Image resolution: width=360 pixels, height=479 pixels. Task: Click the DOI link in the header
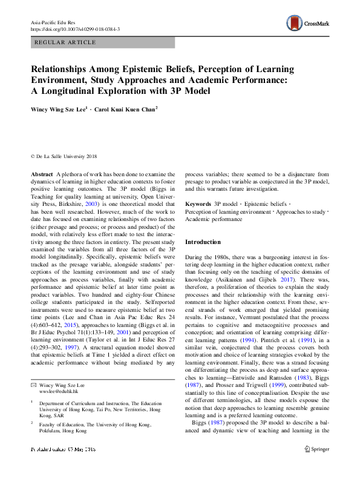tap(74, 29)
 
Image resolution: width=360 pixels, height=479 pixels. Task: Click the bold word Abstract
tap(42, 173)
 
